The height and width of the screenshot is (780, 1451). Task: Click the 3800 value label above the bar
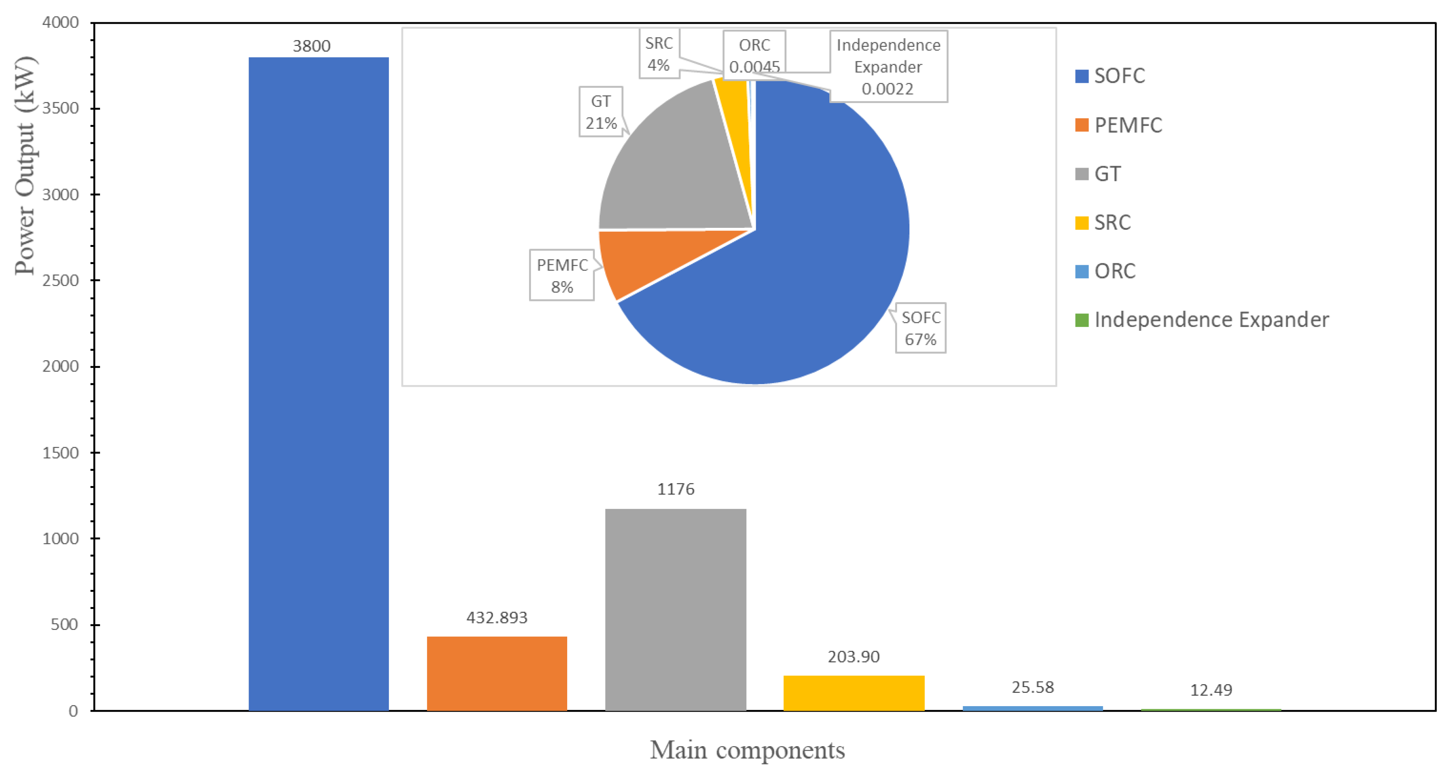pos(312,46)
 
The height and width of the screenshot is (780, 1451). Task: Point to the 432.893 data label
pos(497,618)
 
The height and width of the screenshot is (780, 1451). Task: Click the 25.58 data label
pos(1032,687)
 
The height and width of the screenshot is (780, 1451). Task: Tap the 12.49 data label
pos(1211,690)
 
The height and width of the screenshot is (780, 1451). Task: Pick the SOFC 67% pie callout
pos(920,328)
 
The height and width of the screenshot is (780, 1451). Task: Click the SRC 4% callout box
pos(659,54)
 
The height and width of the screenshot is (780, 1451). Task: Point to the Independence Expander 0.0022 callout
pos(888,66)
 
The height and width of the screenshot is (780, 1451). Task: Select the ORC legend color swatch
pos(1081,271)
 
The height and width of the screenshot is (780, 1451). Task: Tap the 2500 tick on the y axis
pos(60,280)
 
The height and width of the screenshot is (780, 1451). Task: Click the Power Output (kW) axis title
pos(25,166)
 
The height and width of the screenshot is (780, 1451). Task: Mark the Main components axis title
pos(747,750)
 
